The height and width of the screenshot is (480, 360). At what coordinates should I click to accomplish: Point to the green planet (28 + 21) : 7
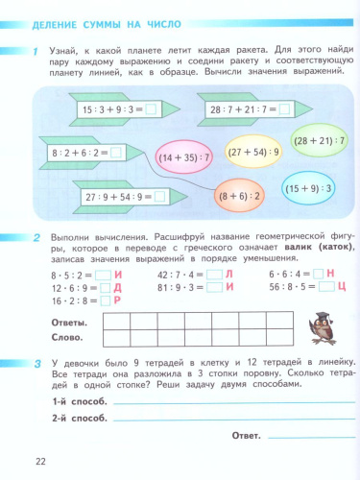click(320, 140)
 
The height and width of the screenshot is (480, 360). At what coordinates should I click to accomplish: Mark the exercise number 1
click(35, 50)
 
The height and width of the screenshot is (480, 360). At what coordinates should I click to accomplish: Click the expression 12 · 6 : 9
click(69, 286)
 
